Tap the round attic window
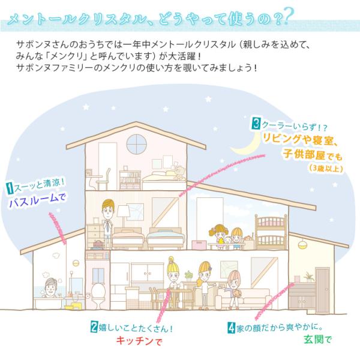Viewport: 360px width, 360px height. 136,144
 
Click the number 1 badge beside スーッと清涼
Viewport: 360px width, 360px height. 10,188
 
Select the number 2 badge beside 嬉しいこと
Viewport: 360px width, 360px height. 94,326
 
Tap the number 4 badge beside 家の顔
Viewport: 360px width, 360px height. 231,328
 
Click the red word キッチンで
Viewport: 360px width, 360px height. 139,341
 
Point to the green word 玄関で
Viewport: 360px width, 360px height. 318,340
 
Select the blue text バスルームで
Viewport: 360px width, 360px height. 37,200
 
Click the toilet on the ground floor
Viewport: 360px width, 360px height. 98,295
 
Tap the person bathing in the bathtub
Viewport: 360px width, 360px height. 51,287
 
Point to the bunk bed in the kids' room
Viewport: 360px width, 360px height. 271,232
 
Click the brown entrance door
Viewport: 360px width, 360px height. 323,290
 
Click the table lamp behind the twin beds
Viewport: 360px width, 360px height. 124,215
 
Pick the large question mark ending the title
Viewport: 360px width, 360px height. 289,16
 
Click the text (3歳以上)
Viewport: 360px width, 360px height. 326,168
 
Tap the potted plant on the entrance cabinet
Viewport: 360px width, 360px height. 308,277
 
